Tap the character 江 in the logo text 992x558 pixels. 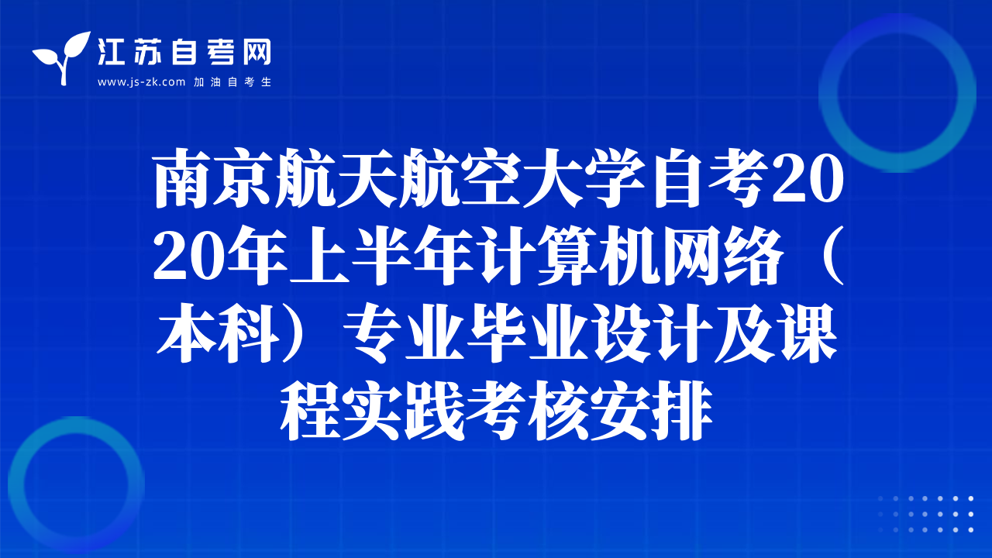click(x=111, y=52)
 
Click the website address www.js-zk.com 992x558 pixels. click(x=141, y=82)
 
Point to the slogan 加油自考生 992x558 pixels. click(x=232, y=82)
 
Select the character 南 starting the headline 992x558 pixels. click(x=182, y=178)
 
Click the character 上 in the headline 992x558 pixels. click(x=320, y=256)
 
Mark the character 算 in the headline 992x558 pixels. click(x=568, y=256)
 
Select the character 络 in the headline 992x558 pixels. click(x=754, y=256)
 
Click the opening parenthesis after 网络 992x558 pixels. click(x=832, y=256)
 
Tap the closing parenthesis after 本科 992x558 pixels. click(x=301, y=333)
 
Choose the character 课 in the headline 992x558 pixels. click(x=808, y=333)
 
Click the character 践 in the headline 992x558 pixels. click(x=435, y=411)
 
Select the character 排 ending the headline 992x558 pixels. click(x=683, y=411)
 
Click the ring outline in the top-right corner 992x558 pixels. click(x=828, y=94)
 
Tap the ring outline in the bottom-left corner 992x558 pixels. click(x=16, y=485)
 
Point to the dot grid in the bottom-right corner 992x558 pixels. click(x=925, y=514)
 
